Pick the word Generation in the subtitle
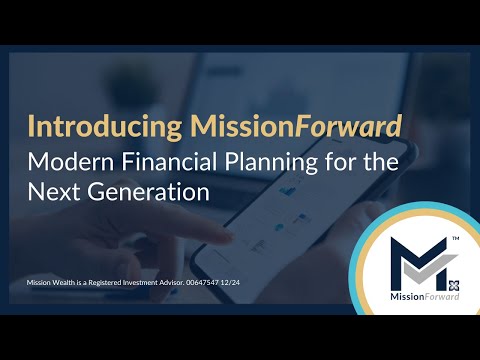click(x=146, y=191)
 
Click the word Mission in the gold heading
click(x=212, y=128)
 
